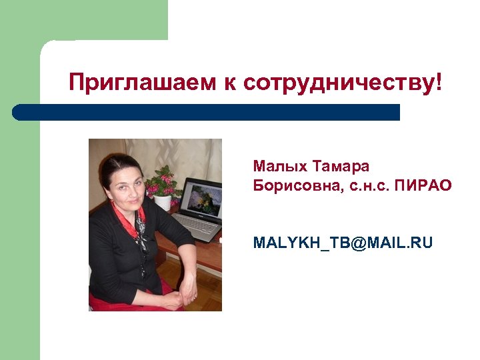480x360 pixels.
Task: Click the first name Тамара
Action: pos(341,165)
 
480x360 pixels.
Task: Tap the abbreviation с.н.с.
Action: pos(367,185)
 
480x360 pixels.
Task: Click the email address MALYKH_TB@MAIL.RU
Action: pos(343,243)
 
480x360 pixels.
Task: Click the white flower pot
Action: pos(162,202)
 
